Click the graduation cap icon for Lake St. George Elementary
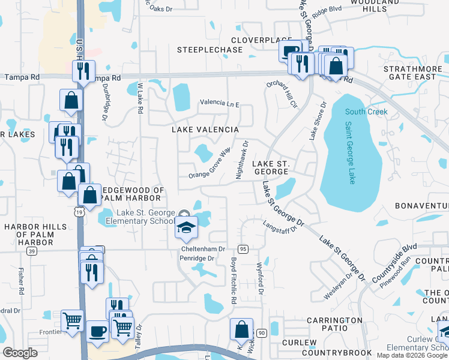(x=186, y=228)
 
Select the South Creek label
(x=366, y=112)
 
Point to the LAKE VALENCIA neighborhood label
(x=205, y=130)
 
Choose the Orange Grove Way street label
(x=210, y=164)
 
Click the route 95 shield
(x=243, y=248)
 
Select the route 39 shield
(x=31, y=251)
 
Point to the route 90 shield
(x=261, y=332)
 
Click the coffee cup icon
(x=97, y=331)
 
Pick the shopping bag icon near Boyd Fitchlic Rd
(x=241, y=329)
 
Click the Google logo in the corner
(x=20, y=352)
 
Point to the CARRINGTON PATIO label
(x=335, y=324)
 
